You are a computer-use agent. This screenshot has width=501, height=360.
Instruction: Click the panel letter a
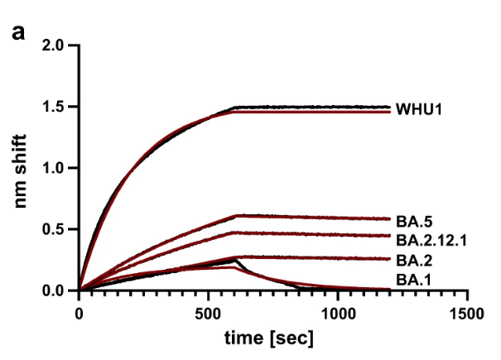click(x=18, y=32)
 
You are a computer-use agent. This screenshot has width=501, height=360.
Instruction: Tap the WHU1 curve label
click(x=419, y=109)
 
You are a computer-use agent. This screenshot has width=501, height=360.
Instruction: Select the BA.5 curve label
click(x=414, y=222)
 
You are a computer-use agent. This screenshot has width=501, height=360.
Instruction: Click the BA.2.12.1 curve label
click(x=431, y=240)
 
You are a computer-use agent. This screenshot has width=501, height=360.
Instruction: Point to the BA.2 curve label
click(x=414, y=261)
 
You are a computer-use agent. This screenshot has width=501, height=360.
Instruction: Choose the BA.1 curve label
click(x=414, y=280)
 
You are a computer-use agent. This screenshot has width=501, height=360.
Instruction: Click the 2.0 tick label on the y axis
click(x=53, y=46)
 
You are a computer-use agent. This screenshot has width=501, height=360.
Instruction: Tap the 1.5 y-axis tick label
click(x=53, y=107)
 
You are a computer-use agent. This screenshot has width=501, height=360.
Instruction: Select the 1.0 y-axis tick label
click(x=53, y=168)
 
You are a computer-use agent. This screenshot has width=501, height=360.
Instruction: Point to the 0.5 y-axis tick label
click(x=53, y=229)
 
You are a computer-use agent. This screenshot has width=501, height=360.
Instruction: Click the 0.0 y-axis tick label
click(x=53, y=290)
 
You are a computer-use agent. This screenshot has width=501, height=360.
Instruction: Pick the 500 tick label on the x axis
click(x=208, y=314)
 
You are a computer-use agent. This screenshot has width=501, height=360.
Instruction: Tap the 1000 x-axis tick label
click(x=338, y=314)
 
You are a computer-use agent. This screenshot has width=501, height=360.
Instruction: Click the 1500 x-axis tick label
click(x=467, y=314)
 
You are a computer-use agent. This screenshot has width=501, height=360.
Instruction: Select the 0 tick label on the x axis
click(x=79, y=314)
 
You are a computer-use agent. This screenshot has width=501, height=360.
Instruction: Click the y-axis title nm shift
click(x=20, y=171)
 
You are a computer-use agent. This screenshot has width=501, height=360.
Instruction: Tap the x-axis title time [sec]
click(x=268, y=338)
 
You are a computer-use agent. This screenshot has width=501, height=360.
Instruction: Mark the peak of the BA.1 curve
click(x=234, y=261)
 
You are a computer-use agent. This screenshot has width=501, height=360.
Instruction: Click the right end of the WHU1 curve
click(x=390, y=108)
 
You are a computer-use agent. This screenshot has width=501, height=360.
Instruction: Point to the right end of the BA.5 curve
click(x=390, y=218)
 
